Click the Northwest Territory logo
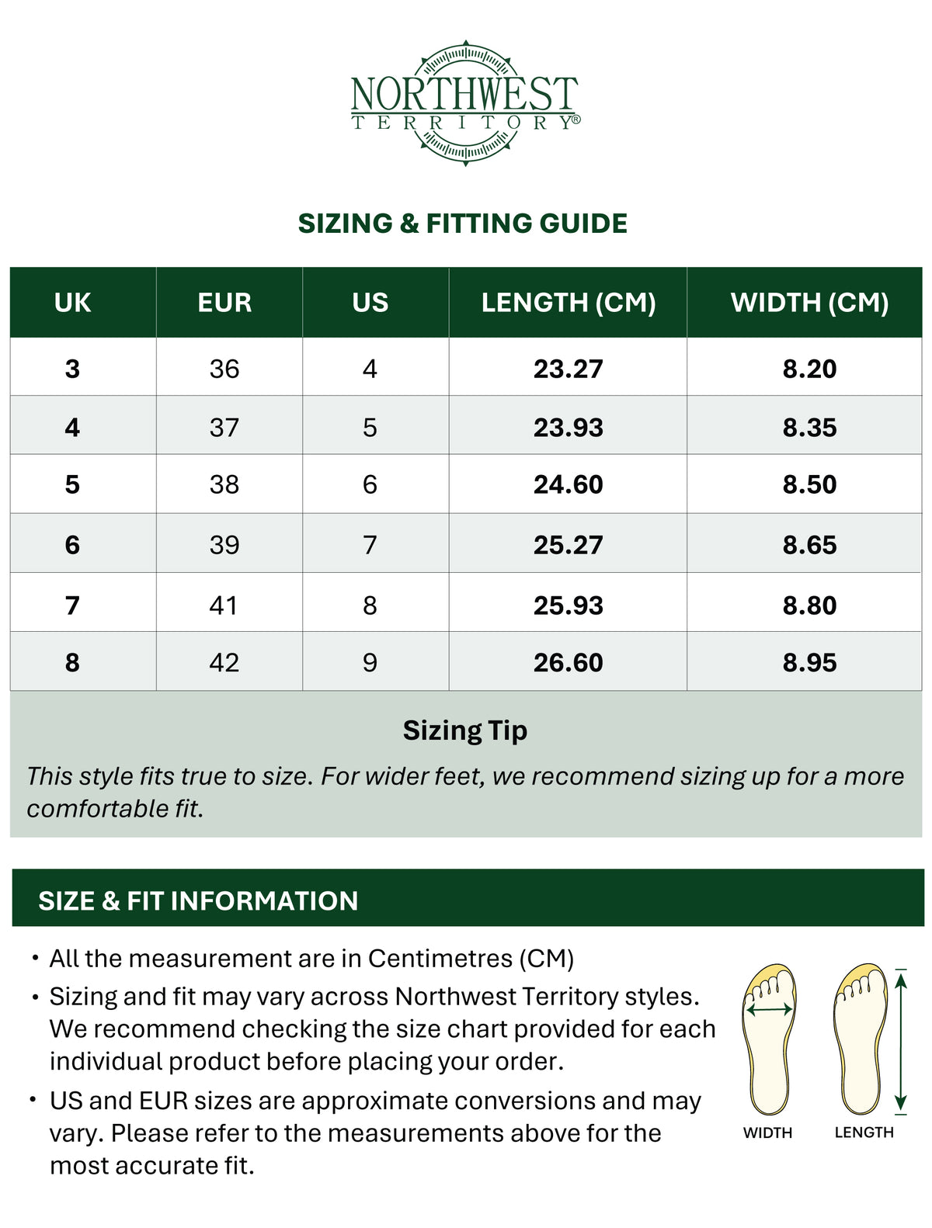pyautogui.click(x=464, y=102)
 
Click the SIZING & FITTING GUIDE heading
pyautogui.click(x=463, y=224)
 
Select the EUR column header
pyautogui.click(x=224, y=303)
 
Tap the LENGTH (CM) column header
pyautogui.click(x=568, y=303)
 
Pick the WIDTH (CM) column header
pyautogui.click(x=809, y=303)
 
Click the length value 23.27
pyautogui.click(x=568, y=369)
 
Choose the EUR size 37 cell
pyautogui.click(x=224, y=428)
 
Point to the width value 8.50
pyautogui.click(x=809, y=484)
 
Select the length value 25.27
pyautogui.click(x=568, y=545)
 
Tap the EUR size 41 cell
pyautogui.click(x=224, y=605)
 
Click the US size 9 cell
pyautogui.click(x=370, y=663)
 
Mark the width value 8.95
pyautogui.click(x=809, y=663)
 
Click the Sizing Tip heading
pyautogui.click(x=464, y=730)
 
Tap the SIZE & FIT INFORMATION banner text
pyautogui.click(x=198, y=900)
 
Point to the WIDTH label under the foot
pyautogui.click(x=767, y=1133)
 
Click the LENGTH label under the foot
pyautogui.click(x=864, y=1133)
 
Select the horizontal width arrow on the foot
pyautogui.click(x=769, y=1010)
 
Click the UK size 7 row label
pyautogui.click(x=72, y=605)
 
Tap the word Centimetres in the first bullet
pyautogui.click(x=440, y=959)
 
